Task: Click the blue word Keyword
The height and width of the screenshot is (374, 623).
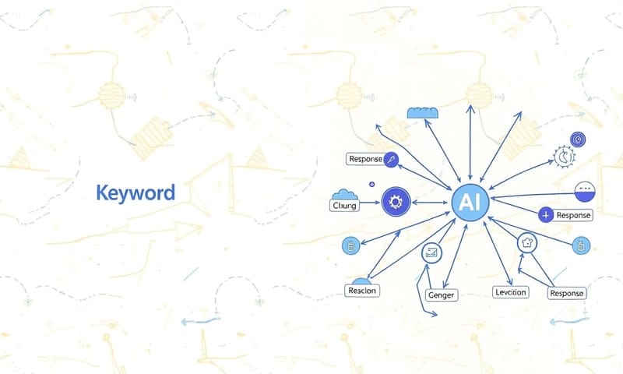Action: [135, 192]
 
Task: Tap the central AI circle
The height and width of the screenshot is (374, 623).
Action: [470, 203]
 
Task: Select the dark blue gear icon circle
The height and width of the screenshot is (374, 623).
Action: [394, 203]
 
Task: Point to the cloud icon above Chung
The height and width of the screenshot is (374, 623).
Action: [343, 195]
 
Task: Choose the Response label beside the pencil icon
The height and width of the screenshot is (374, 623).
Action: [364, 159]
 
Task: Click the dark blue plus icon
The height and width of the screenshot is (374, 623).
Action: [545, 214]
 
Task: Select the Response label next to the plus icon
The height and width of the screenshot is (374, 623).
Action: [572, 215]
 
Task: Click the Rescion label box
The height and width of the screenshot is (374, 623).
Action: [361, 291]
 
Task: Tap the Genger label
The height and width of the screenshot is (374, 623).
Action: [440, 295]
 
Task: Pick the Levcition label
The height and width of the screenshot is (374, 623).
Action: [511, 292]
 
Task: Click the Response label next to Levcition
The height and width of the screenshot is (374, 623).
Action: [566, 293]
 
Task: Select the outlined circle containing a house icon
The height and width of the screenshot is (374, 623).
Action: [528, 242]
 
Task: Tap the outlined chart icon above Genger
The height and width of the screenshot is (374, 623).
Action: [431, 252]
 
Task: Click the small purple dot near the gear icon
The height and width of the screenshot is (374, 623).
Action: [371, 184]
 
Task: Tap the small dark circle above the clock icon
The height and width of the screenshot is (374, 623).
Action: [578, 139]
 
